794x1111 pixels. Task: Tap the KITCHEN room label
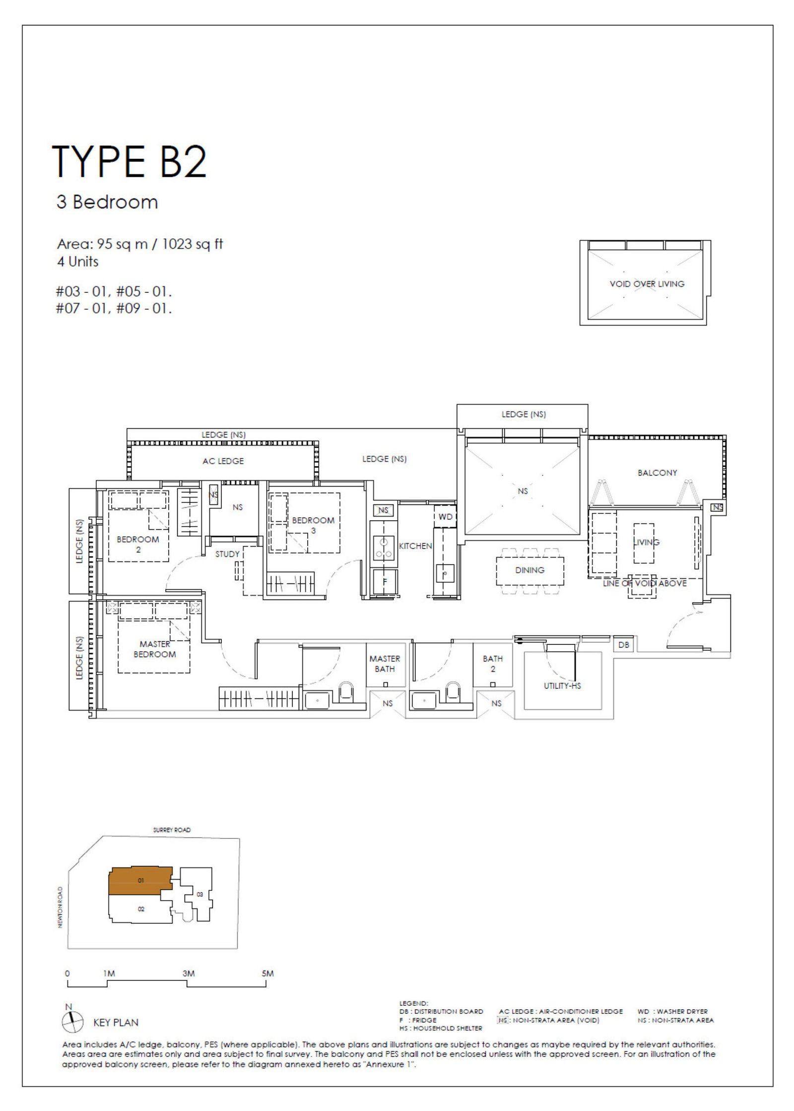pyautogui.click(x=415, y=546)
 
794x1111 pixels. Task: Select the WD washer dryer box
pyautogui.click(x=445, y=516)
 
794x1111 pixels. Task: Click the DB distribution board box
pyautogui.click(x=624, y=644)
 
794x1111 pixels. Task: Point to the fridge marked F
pyautogui.click(x=384, y=581)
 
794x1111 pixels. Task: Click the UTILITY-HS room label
pyautogui.click(x=562, y=686)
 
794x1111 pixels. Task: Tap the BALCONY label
pyautogui.click(x=657, y=473)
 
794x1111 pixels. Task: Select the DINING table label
pyautogui.click(x=529, y=570)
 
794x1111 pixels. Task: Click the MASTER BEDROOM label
pyautogui.click(x=154, y=649)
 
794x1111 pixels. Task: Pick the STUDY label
pyautogui.click(x=227, y=554)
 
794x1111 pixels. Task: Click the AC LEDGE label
pyautogui.click(x=223, y=461)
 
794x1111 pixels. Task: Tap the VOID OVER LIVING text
pyautogui.click(x=647, y=284)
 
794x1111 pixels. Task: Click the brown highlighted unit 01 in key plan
pyautogui.click(x=140, y=881)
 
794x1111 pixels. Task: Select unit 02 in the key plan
pyautogui.click(x=141, y=909)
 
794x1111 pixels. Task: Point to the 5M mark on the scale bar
pyautogui.click(x=267, y=973)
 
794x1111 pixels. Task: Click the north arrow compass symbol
pyautogui.click(x=72, y=1022)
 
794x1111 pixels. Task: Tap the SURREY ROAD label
pyautogui.click(x=172, y=830)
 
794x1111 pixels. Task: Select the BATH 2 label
pyautogui.click(x=493, y=664)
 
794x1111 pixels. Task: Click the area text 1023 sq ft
pyautogui.click(x=193, y=244)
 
